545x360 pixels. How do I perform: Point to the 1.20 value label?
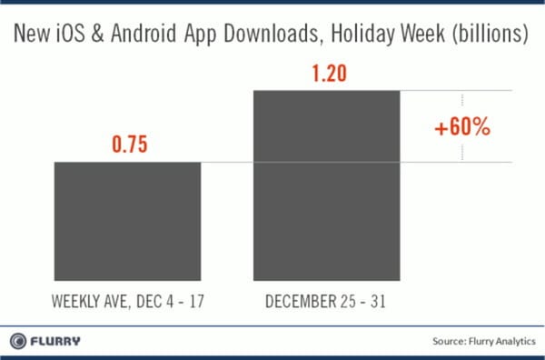tap(325, 73)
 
